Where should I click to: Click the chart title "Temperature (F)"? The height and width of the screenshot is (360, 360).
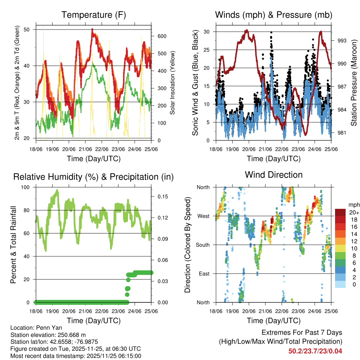point(94,15)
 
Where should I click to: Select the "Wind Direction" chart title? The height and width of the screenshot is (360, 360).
point(274,175)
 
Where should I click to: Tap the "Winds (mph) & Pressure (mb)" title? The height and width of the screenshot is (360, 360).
point(274,15)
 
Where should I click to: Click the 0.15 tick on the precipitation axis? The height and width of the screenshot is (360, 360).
point(162,197)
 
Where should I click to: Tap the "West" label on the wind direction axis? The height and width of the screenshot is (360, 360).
point(203,216)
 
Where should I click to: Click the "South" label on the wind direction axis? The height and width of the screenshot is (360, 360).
point(202,245)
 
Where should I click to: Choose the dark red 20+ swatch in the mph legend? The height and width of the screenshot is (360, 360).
point(340,212)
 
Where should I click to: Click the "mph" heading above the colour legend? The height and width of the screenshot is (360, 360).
point(353,205)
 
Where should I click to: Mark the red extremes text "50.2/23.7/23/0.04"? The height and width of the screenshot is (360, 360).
point(315,351)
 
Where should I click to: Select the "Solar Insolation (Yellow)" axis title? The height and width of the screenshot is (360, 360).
point(173,83)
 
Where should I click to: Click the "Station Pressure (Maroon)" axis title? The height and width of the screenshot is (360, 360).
point(354,83)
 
